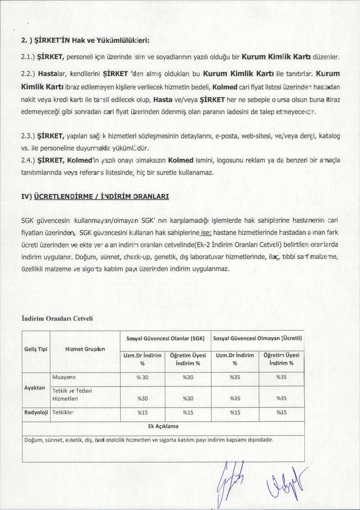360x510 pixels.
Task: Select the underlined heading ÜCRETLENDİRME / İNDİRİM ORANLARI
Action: [x=101, y=196]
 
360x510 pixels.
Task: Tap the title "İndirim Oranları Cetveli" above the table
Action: [x=57, y=318]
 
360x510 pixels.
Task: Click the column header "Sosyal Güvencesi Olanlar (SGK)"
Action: [x=165, y=338]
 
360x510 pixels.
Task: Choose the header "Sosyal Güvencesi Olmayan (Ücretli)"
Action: [x=258, y=338]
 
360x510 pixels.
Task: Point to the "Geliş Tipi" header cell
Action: [x=36, y=349]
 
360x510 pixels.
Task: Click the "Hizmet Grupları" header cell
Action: [x=85, y=349]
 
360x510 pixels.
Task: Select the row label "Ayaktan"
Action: [x=35, y=388]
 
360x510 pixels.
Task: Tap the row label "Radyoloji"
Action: [x=36, y=412]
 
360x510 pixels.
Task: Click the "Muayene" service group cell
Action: [x=64, y=377]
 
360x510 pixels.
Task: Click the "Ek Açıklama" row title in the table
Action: [x=163, y=426]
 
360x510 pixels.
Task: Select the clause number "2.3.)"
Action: [x=28, y=136]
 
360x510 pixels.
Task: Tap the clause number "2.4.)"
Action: [x=28, y=160]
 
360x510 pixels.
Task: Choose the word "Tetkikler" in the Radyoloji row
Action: [x=63, y=412]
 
